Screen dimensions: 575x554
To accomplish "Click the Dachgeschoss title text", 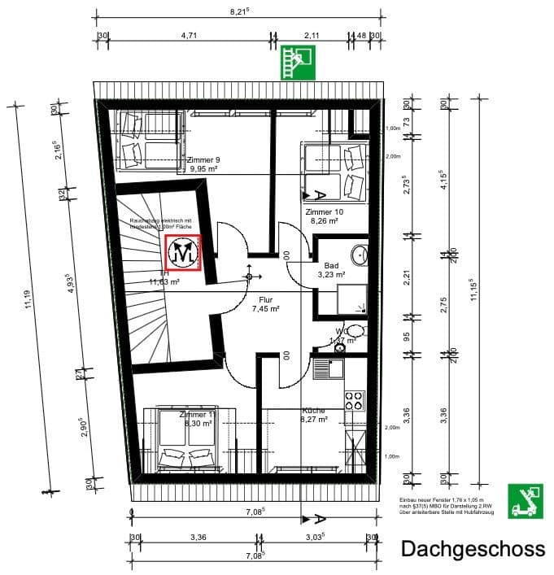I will tap(473, 549).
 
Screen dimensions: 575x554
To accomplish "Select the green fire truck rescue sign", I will tap(524, 500).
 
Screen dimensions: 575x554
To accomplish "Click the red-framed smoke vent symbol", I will tap(183, 252).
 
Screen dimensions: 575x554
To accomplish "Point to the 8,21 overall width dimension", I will tap(238, 12).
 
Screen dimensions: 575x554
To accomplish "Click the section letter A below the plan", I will tap(321, 519).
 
